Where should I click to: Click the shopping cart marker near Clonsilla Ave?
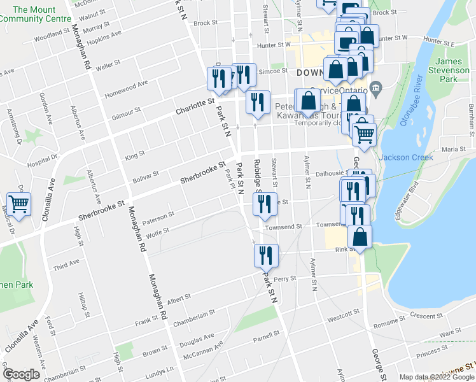pyautogui.click(x=19, y=205)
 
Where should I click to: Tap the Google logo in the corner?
pyautogui.click(x=21, y=374)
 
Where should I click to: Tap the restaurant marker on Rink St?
pyautogui.click(x=266, y=255)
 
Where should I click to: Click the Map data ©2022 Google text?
pyautogui.click(x=437, y=377)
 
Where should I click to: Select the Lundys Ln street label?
pyautogui.click(x=160, y=369)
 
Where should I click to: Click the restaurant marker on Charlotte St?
pyautogui.click(x=257, y=102)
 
